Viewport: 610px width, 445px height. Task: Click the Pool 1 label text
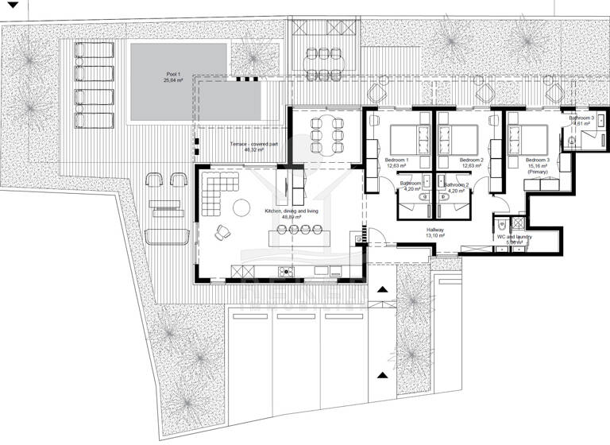click(174, 74)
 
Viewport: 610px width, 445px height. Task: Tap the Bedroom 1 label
click(396, 160)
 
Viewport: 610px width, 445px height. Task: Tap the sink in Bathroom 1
click(427, 180)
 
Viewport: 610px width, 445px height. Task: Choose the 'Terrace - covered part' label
click(253, 144)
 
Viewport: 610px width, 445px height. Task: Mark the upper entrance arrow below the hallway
click(382, 291)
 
